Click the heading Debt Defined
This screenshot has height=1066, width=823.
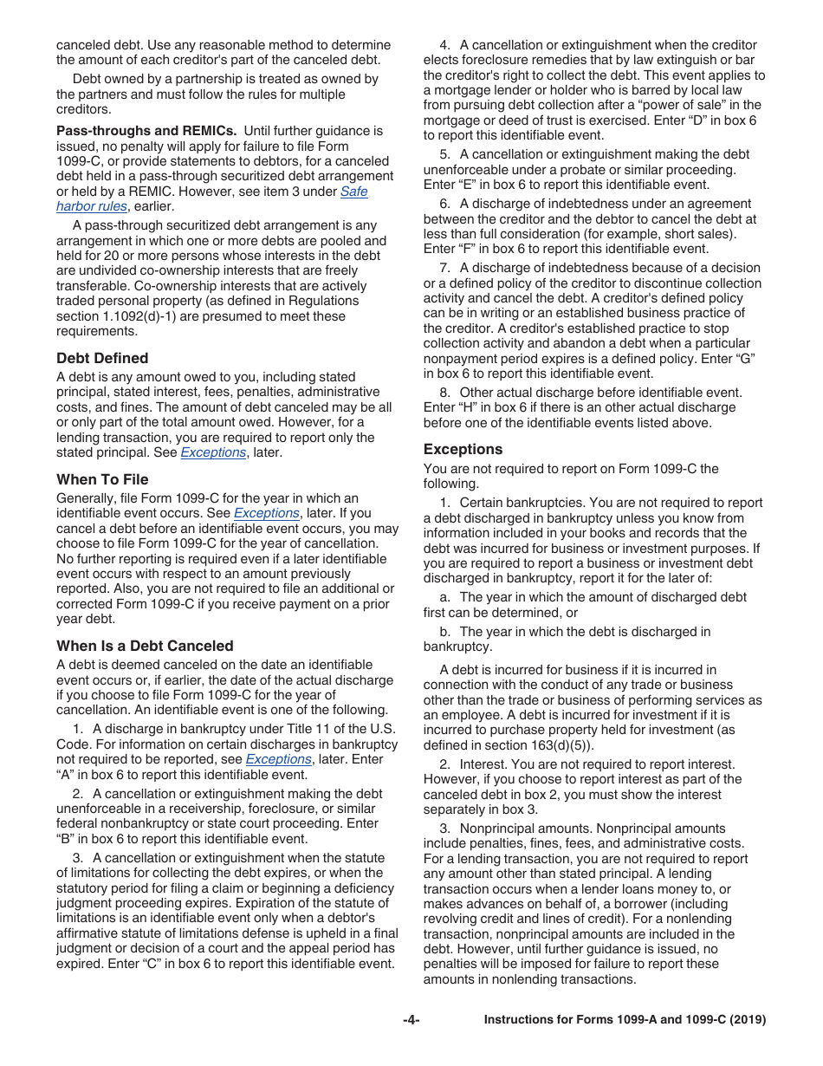[102, 358]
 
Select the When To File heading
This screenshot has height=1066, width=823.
[102, 479]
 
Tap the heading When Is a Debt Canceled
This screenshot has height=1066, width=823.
[145, 646]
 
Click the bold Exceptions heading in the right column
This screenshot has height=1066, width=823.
[463, 449]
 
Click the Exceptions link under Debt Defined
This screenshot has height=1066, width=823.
[213, 452]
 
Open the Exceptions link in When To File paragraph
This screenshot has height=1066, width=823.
[266, 513]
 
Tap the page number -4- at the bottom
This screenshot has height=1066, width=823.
[411, 1020]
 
